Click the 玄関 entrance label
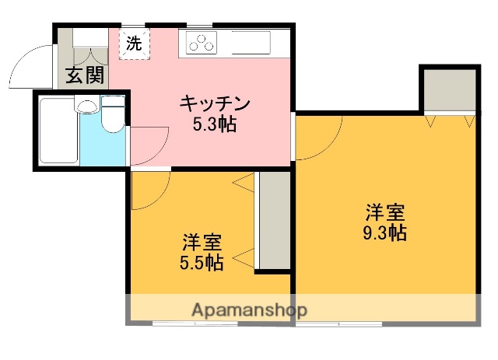(x=83, y=76)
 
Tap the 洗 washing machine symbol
(x=134, y=44)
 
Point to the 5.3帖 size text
(x=216, y=124)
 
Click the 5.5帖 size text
(x=202, y=262)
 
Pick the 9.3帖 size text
(x=385, y=232)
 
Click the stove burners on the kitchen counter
(x=201, y=44)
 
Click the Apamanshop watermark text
(x=250, y=309)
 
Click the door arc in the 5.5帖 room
(x=149, y=190)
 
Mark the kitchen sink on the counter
(x=248, y=43)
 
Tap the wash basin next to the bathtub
(x=88, y=107)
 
